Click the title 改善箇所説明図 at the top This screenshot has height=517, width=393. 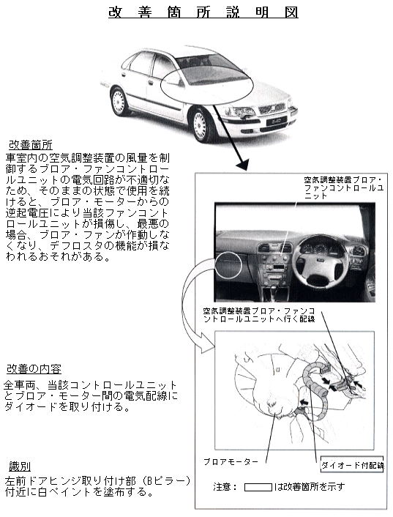tap(203, 12)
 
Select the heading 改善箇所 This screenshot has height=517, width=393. tap(30, 145)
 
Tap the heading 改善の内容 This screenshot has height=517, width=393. tap(34, 369)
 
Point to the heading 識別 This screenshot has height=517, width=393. tap(20, 466)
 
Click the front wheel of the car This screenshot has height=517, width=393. tap(201, 125)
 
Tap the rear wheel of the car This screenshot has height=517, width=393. tap(119, 101)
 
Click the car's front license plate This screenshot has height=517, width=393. tap(274, 122)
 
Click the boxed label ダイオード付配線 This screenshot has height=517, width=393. tap(352, 465)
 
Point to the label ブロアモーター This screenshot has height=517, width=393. tap(231, 461)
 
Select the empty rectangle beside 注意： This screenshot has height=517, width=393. tap(258, 487)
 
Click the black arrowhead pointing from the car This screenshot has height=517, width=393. tap(242, 164)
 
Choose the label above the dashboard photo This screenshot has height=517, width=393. tap(343, 188)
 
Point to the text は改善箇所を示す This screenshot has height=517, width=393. tap(310, 487)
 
